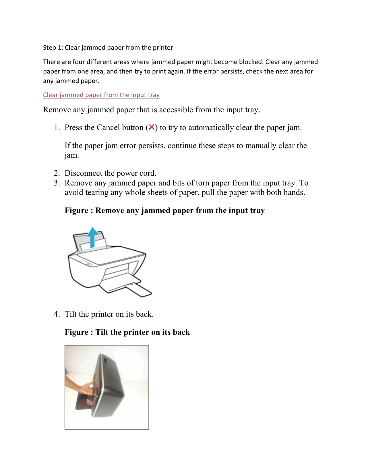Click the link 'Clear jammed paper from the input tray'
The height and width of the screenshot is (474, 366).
pyautogui.click(x=101, y=95)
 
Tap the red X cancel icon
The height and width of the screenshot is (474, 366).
pyautogui.click(x=152, y=127)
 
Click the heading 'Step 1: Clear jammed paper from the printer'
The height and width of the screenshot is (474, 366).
pyautogui.click(x=108, y=48)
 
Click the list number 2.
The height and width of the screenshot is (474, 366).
pyautogui.click(x=57, y=173)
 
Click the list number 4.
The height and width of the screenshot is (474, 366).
pyautogui.click(x=57, y=314)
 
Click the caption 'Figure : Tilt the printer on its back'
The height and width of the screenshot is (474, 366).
pyautogui.click(x=127, y=332)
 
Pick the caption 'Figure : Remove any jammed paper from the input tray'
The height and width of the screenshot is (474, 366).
pyautogui.click(x=164, y=210)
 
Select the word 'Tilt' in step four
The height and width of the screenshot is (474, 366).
pyautogui.click(x=71, y=314)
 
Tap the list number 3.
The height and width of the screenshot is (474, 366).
pyautogui.click(x=57, y=183)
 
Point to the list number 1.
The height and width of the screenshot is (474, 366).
pyautogui.click(x=57, y=127)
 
